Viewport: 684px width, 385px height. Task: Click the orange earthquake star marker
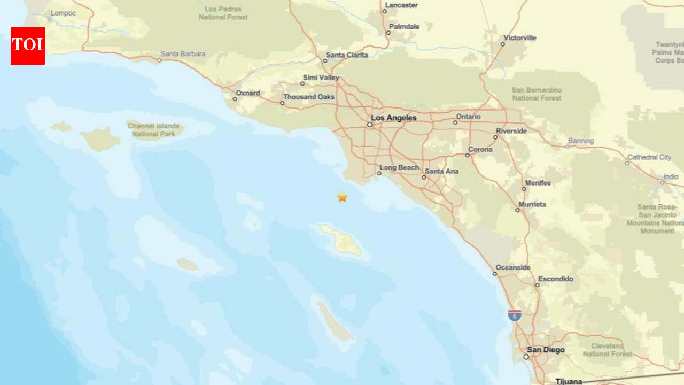click(342, 197)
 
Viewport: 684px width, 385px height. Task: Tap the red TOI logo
click(28, 46)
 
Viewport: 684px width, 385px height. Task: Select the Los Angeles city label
click(393, 118)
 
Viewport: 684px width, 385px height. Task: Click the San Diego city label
click(546, 350)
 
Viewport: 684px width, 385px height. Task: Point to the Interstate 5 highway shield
click(515, 315)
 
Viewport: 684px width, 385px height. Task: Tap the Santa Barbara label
click(183, 54)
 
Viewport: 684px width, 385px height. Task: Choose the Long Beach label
click(399, 168)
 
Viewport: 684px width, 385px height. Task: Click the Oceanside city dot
click(495, 274)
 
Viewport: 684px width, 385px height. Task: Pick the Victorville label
click(519, 38)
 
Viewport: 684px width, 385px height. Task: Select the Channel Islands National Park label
click(153, 129)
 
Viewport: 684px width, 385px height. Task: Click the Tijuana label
click(569, 381)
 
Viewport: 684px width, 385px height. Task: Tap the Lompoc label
click(63, 13)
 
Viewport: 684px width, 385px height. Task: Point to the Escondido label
click(555, 279)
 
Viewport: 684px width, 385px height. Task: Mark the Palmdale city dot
click(388, 33)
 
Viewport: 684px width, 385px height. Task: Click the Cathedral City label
click(649, 157)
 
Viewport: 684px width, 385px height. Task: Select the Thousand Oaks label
click(308, 97)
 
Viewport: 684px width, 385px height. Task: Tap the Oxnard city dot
click(235, 99)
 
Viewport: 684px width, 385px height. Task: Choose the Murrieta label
click(532, 204)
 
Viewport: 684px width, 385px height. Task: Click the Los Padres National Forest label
click(223, 13)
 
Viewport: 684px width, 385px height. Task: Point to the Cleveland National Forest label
click(607, 350)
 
